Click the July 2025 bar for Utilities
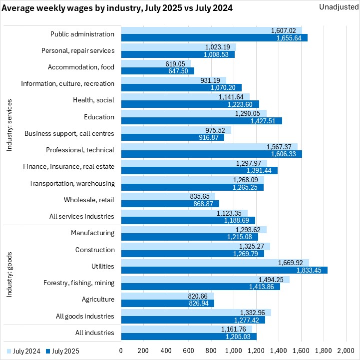click(x=224, y=270)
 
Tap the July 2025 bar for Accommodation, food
click(x=157, y=71)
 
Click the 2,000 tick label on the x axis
click(x=346, y=351)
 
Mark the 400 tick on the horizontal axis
click(x=166, y=351)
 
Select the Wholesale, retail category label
click(x=89, y=200)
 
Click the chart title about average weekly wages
click(x=116, y=9)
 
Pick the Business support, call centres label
click(x=69, y=134)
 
